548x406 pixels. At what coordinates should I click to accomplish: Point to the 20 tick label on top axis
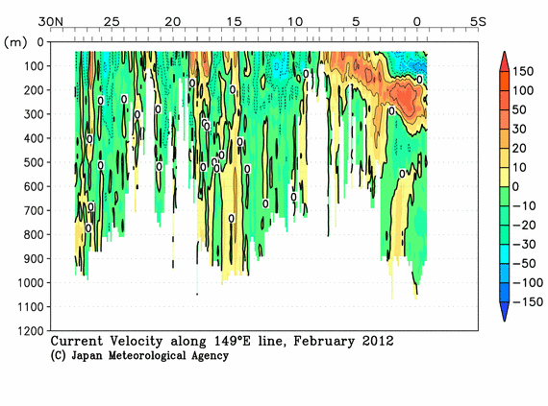[x=173, y=21]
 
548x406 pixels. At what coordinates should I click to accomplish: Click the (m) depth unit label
[x=16, y=41]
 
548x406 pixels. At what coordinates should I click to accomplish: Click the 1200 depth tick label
[x=25, y=331]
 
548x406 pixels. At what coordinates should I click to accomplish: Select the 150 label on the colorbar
[x=524, y=71]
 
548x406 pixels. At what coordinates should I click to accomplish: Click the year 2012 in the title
[x=376, y=341]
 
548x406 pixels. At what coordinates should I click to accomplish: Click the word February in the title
[x=323, y=341]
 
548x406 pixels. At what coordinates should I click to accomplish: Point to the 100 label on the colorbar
[x=524, y=90]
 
